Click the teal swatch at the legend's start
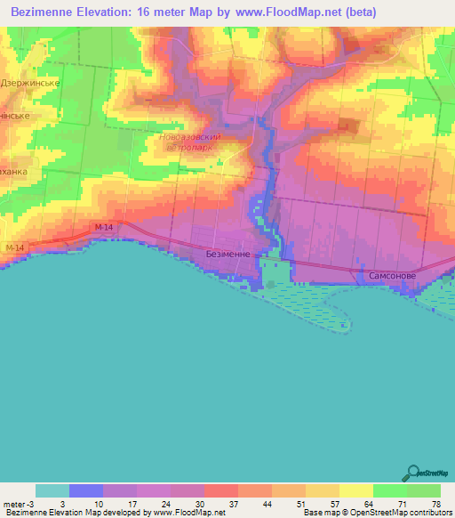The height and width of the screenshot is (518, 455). tap(52, 490)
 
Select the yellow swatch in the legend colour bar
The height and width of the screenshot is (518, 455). tap(355, 490)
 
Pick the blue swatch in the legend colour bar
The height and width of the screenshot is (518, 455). tap(86, 490)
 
